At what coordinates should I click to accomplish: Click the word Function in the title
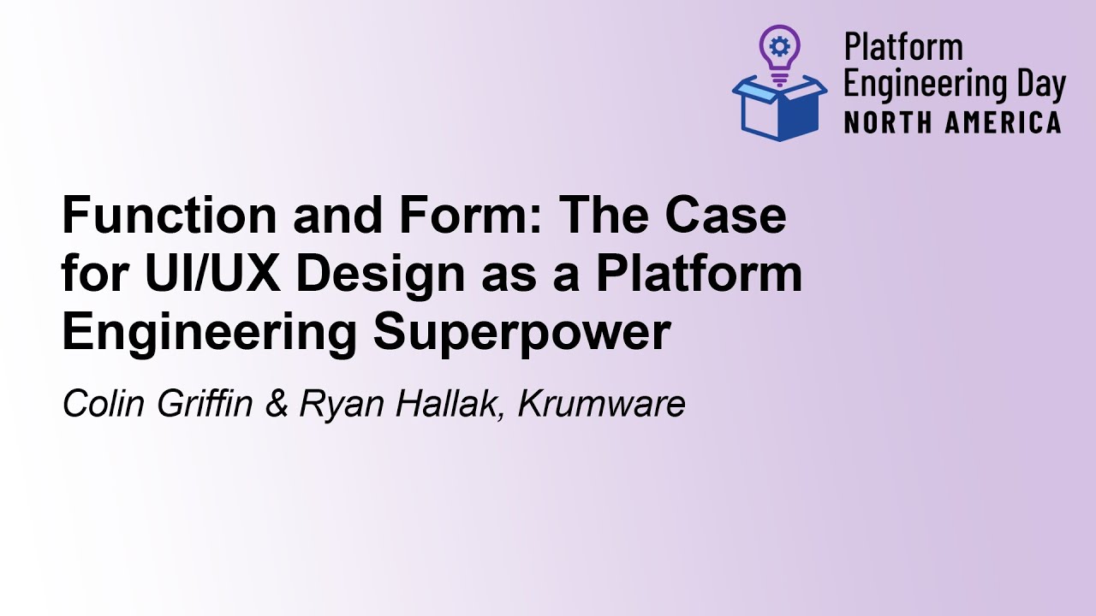tap(169, 216)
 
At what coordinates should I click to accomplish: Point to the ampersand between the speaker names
tap(277, 404)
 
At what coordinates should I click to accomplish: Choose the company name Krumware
tap(601, 404)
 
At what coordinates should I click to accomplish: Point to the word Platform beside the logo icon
tap(903, 48)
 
